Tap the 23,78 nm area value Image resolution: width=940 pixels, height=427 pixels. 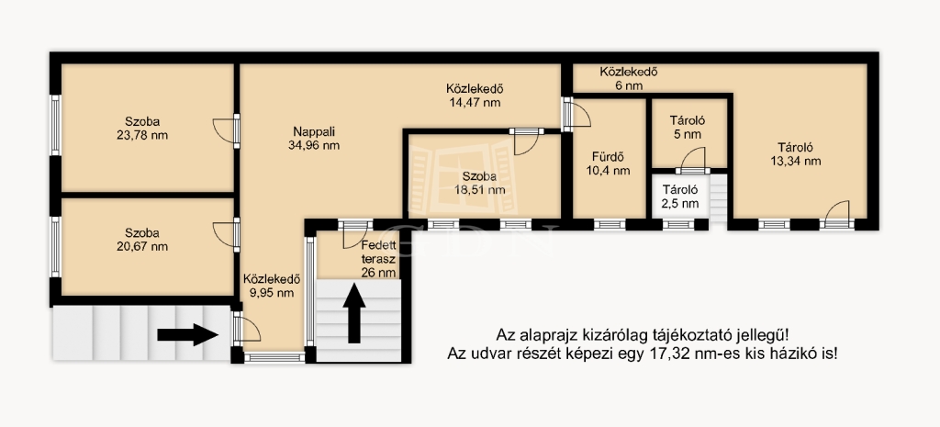142,135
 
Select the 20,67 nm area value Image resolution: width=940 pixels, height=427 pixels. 142,246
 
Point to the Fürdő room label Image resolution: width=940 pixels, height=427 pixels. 609,158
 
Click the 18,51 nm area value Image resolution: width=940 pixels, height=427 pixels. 479,190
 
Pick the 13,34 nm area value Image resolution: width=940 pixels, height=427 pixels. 795,161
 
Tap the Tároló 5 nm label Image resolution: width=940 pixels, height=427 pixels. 687,127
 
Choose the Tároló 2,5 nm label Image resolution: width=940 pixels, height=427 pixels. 680,197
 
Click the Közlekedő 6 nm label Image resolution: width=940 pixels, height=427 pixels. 630,79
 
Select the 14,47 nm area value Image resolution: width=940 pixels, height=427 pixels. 475,103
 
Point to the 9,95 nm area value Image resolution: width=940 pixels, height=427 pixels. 271,293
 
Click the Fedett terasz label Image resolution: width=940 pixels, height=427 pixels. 378,253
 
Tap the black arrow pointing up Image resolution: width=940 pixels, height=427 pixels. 354,313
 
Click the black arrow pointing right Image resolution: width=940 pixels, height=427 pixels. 188,334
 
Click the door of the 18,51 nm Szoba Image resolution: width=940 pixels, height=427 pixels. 526,141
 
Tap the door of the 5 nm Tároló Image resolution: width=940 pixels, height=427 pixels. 694,160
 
